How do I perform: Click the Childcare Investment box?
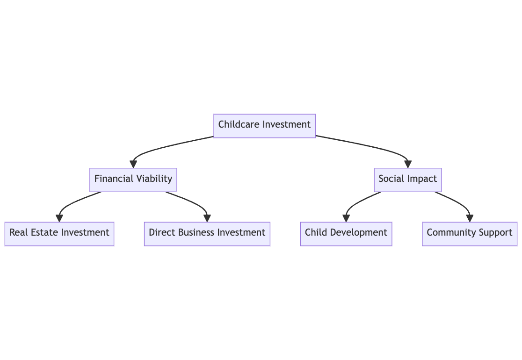coord(264,126)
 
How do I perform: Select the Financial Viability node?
coord(133,180)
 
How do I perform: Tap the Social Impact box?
coord(408,180)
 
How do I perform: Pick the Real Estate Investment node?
coord(59,234)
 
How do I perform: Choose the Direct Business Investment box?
coord(207,234)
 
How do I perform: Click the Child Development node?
coord(346,234)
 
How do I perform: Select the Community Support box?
coord(470,234)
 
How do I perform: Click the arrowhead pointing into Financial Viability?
coord(133,165)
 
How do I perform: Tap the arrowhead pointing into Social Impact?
coord(408,165)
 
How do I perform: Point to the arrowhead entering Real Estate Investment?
coord(59,218)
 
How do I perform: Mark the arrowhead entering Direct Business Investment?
coord(207,218)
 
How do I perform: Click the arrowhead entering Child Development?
coord(346,218)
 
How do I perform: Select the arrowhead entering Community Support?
coord(470,218)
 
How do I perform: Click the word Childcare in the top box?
coord(239,124)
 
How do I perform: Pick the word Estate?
coord(44,232)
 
